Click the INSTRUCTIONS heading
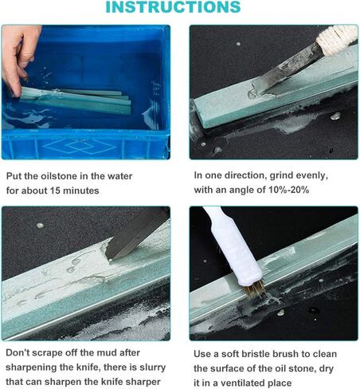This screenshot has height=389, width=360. (x=173, y=7)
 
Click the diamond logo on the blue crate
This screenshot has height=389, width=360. (x=80, y=146)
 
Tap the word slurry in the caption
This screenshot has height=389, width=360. (x=152, y=367)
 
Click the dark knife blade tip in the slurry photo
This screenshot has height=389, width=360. (x=109, y=257)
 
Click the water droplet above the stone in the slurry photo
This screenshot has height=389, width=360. (x=40, y=226)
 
